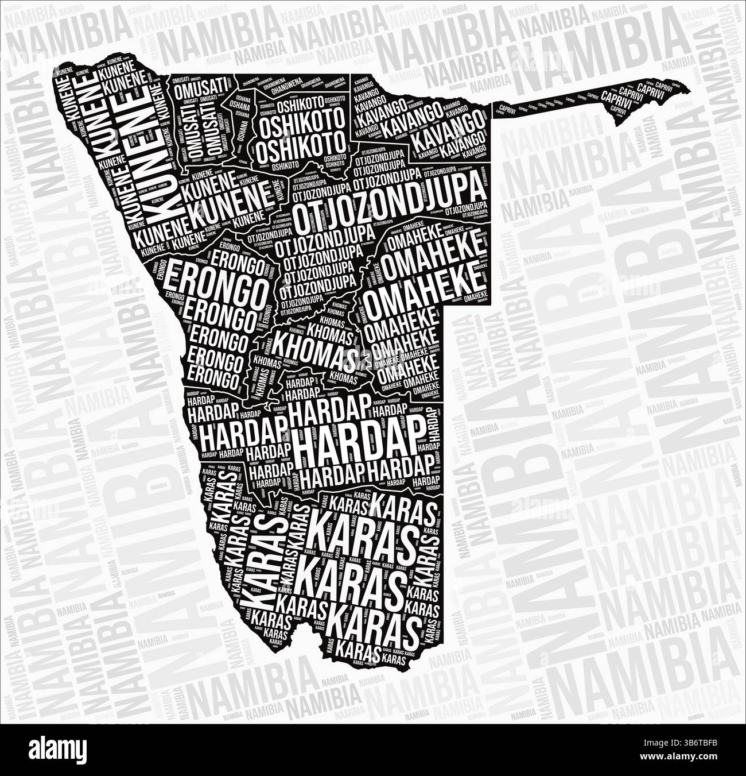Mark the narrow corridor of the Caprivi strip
pyautogui.click(x=551, y=106)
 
